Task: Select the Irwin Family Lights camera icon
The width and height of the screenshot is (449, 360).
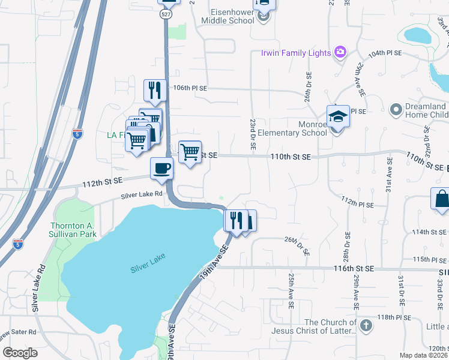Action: (340, 53)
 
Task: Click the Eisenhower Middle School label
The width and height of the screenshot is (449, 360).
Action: (232, 16)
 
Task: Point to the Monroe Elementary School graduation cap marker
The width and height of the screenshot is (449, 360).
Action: (338, 116)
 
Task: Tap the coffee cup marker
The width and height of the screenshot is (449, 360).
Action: (161, 168)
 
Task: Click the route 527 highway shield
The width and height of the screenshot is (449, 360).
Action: (166, 15)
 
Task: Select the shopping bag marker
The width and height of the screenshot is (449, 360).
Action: (441, 199)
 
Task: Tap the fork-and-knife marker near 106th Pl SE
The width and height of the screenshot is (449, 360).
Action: (155, 90)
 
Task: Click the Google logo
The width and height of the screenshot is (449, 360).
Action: (20, 352)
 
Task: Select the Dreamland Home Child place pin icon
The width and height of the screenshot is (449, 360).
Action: (395, 110)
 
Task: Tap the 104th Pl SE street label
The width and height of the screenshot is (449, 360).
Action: (385, 53)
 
